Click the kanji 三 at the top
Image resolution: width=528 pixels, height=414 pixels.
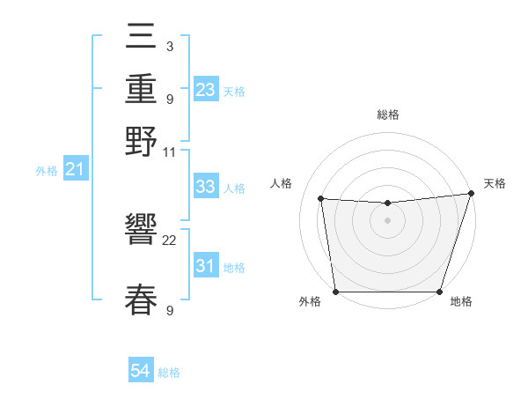coord(142,39)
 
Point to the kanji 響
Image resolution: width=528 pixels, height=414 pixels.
coord(142,232)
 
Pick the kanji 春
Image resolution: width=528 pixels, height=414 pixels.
coord(142,299)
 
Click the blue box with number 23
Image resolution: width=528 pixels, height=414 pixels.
coord(206,90)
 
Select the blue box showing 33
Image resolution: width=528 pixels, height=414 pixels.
coord(206,187)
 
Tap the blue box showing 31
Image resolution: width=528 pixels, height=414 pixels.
coord(206,266)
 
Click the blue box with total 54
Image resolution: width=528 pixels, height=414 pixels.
coord(141,372)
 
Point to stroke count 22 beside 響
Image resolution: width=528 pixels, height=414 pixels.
coord(170,240)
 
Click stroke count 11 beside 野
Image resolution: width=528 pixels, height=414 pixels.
coord(170,152)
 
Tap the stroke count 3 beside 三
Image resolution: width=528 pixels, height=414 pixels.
coord(169,46)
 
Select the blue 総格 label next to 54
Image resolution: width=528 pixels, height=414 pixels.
coord(169,373)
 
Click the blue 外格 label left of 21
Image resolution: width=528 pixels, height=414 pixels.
coord(46,171)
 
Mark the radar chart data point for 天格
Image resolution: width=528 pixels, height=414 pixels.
coord(471,194)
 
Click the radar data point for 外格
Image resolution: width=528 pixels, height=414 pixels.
coord(335,292)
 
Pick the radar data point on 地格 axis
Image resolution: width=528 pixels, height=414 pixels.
coord(439,292)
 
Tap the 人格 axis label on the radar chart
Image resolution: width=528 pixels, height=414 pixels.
coord(282,183)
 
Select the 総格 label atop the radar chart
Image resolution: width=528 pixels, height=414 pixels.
coord(387,115)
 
